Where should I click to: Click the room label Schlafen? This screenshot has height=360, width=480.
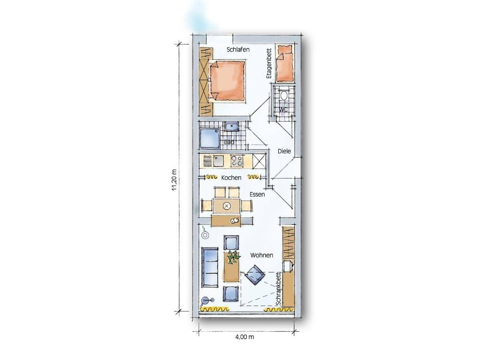[238, 50]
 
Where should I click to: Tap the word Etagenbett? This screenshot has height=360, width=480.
[269, 64]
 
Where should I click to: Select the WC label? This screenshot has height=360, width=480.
[284, 110]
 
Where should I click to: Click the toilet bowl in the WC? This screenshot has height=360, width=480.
[284, 96]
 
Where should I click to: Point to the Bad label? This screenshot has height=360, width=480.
[229, 142]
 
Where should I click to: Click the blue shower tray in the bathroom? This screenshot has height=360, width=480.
[210, 139]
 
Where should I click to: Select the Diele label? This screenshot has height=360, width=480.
[284, 151]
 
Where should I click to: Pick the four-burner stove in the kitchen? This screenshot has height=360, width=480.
[237, 161]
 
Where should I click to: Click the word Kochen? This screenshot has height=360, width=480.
[231, 178]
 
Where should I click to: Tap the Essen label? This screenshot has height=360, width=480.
[257, 194]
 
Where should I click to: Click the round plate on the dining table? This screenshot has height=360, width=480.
[226, 206]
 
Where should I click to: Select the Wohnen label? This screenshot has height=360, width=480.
[262, 255]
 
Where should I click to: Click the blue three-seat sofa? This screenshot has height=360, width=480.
[210, 267]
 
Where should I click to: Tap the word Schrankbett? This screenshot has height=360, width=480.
[278, 288]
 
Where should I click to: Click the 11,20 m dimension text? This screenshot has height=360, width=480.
[174, 180]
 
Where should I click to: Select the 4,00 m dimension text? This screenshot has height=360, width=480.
[245, 337]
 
